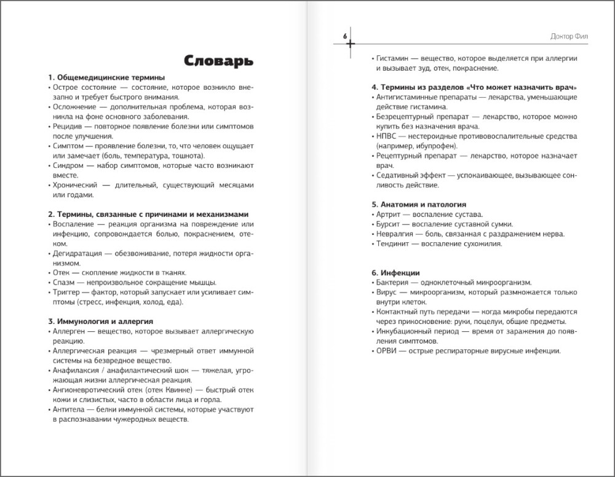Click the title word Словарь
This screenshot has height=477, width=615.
[218, 60]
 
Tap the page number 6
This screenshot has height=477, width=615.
[345, 37]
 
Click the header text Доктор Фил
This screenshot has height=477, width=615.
[570, 37]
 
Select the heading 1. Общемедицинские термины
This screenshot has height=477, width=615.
[106, 77]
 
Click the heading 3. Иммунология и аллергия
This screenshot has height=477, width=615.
[100, 321]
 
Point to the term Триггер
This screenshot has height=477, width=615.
[66, 293]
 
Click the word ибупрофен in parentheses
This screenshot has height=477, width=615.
[436, 146]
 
